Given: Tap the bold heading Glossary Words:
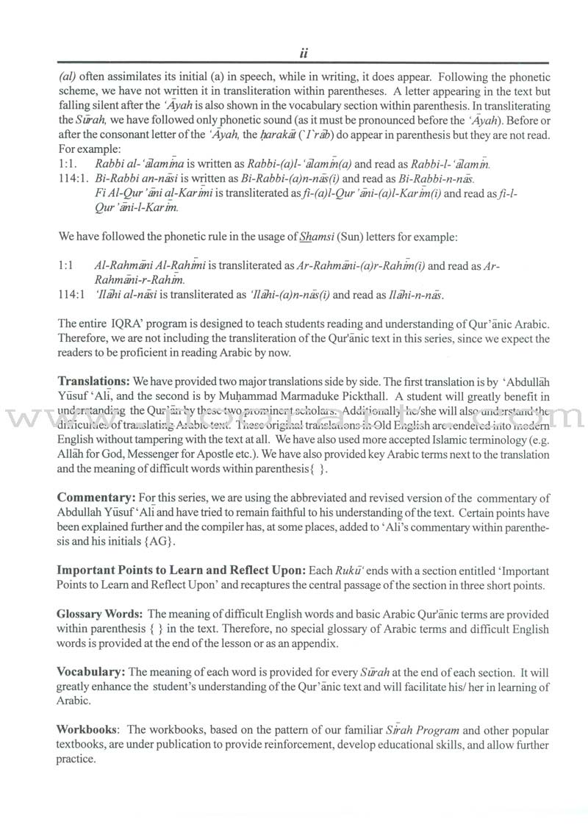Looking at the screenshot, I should point(99,613).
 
